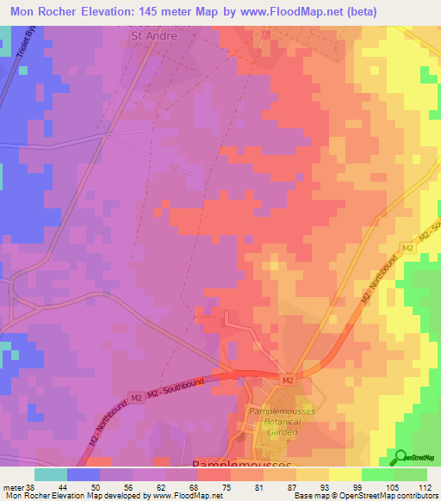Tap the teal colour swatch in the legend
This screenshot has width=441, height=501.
(50, 473)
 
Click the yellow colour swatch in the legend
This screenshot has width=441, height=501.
(345, 473)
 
